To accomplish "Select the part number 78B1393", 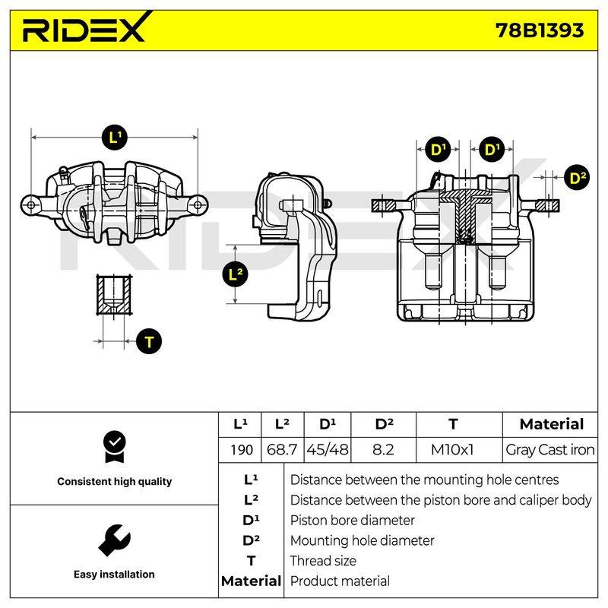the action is tap(540, 30).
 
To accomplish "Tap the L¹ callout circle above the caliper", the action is tap(115, 138).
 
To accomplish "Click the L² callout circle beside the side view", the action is tap(236, 274).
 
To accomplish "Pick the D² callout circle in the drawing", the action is tap(577, 178).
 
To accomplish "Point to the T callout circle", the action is tap(149, 341).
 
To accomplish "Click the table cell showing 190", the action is tap(241, 450).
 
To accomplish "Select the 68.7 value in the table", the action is tap(282, 450).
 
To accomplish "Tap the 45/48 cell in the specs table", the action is tap(328, 450).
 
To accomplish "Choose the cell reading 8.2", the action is tap(383, 450).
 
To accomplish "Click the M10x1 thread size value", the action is tap(452, 450).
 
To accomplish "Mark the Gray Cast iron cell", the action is tap(549, 450).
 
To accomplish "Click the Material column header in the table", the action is tap(552, 424).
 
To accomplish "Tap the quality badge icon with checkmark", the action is tap(115, 447).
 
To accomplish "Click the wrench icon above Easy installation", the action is tap(115, 540).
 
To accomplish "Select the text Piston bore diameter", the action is tap(352, 521).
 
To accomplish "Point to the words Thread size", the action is tap(323, 561).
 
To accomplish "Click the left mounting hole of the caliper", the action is tap(31, 205).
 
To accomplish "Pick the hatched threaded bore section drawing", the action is tap(114, 295).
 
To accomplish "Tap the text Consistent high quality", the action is tap(115, 481).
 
